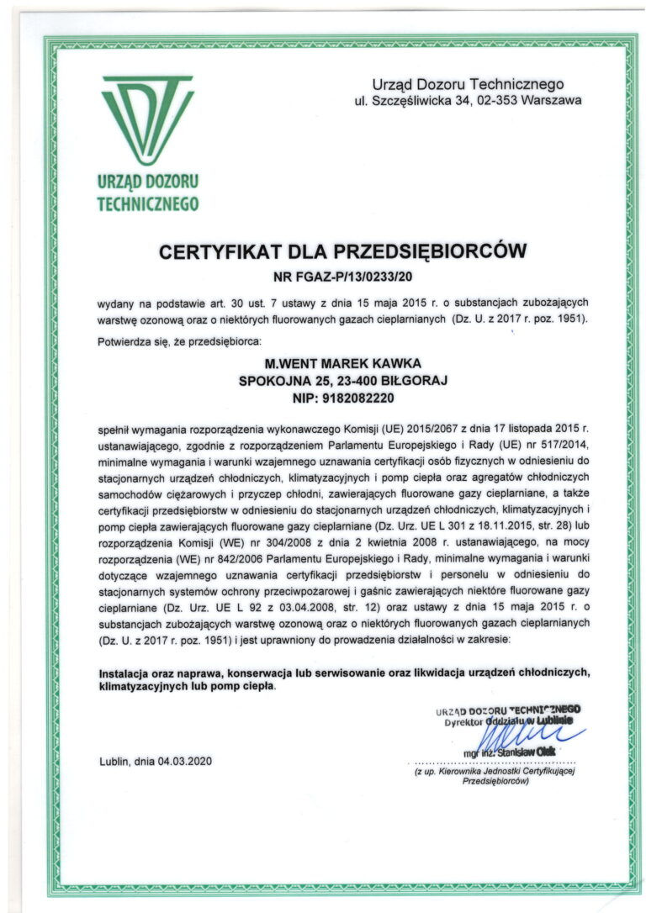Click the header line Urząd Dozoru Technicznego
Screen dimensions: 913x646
click(x=468, y=84)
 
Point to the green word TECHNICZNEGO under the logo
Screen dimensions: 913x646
click(x=147, y=203)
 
